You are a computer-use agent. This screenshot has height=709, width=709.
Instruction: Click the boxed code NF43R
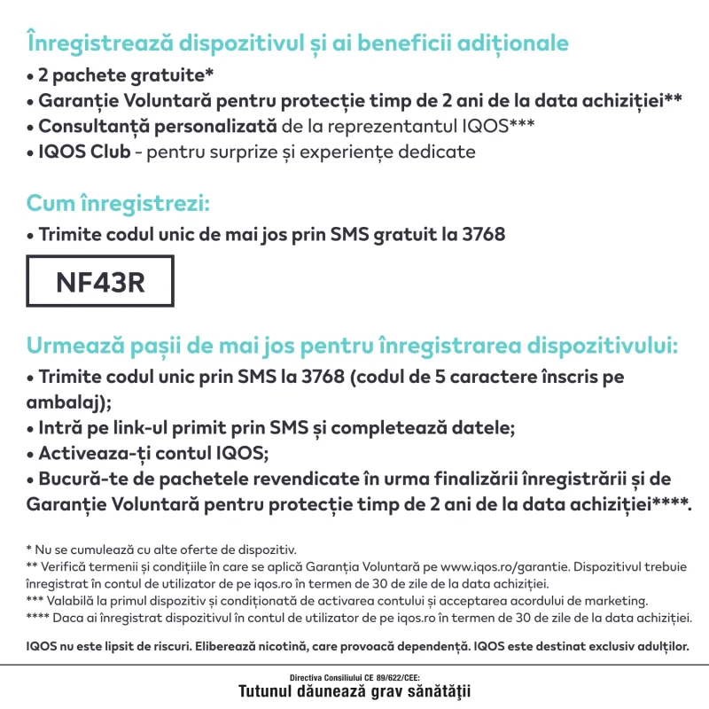pyautogui.click(x=99, y=282)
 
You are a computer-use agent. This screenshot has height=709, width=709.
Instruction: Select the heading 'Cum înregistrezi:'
pyautogui.click(x=118, y=203)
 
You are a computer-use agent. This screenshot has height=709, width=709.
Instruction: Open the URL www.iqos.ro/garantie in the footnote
pyautogui.click(x=503, y=565)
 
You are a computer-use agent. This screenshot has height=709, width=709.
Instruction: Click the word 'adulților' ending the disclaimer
pyautogui.click(x=657, y=645)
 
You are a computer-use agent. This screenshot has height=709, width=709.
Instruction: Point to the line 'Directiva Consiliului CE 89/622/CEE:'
pyautogui.click(x=354, y=676)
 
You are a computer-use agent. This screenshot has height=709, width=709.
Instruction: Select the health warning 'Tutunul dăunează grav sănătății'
pyautogui.click(x=354, y=690)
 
